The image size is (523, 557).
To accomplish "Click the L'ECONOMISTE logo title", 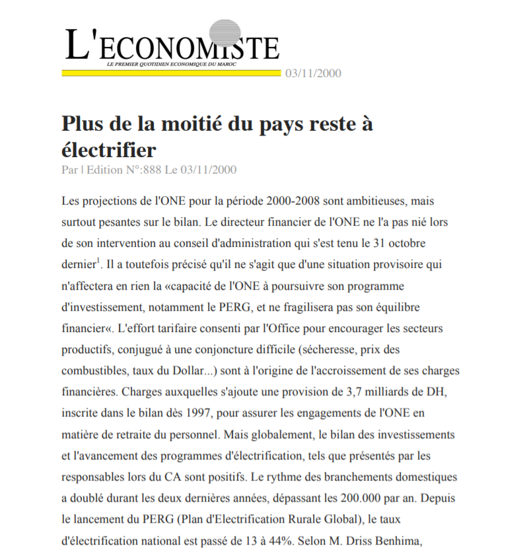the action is coord(172,46).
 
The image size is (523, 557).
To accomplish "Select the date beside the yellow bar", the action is coord(313,73).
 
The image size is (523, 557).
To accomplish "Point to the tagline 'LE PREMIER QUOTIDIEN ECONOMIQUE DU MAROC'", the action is coord(171,64).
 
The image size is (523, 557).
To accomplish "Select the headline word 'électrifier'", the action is coord(109,149).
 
